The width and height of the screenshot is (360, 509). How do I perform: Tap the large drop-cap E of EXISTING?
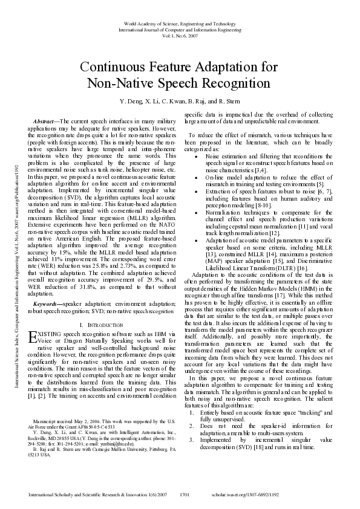33,336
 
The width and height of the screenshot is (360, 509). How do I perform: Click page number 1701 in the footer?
185,494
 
